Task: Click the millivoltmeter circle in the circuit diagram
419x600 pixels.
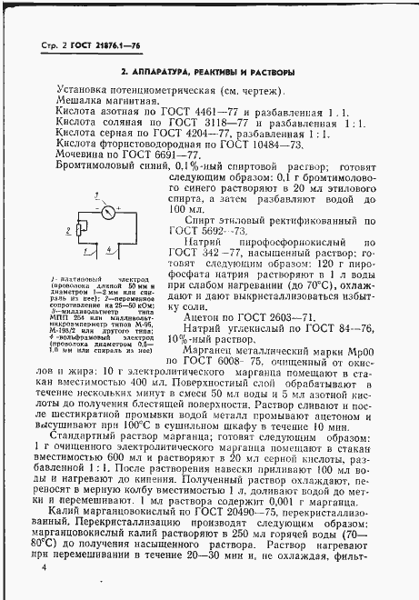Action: click(107, 214)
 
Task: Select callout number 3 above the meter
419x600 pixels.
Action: click(96, 195)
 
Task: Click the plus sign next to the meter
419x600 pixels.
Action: click(119, 208)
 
